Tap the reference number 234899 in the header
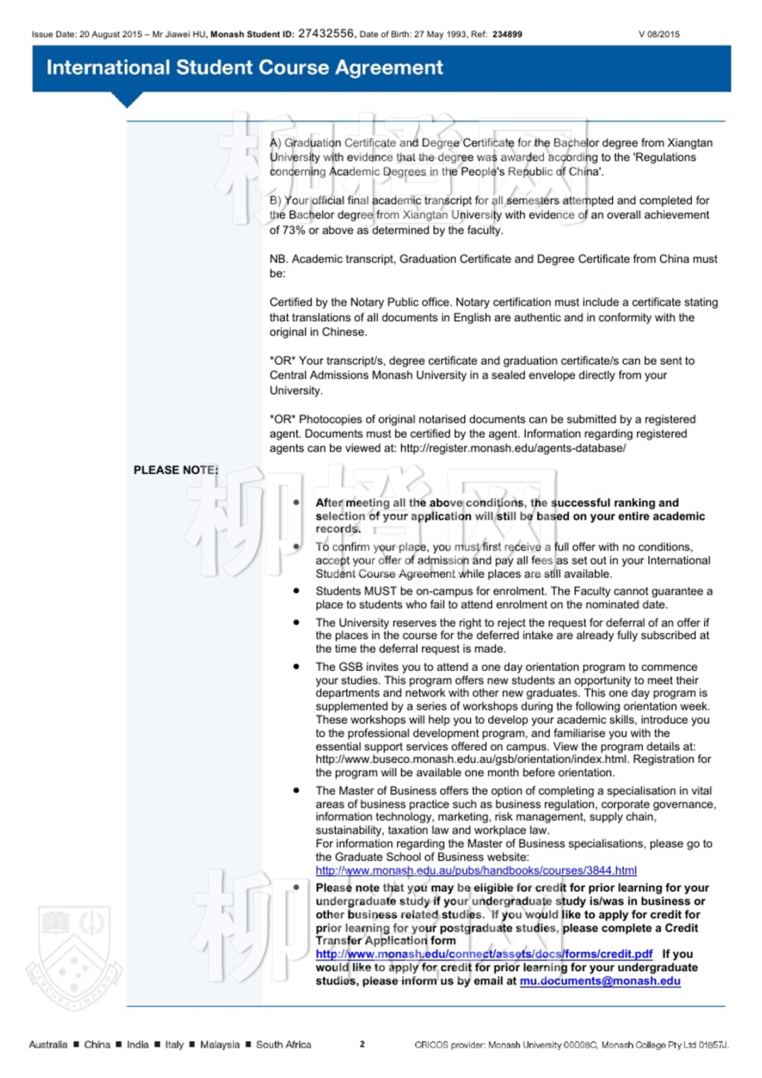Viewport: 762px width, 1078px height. pos(507,34)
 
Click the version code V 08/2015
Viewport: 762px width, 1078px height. pos(659,34)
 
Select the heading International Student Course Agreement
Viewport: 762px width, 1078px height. pos(244,68)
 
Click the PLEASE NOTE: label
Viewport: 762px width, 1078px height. pos(176,470)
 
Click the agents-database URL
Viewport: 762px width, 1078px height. pos(513,449)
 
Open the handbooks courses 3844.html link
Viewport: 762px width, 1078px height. pos(476,871)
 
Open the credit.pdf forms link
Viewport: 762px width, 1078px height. pos(484,954)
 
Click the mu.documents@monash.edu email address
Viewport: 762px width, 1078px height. pos(600,981)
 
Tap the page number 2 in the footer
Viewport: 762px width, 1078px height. pos(362,1044)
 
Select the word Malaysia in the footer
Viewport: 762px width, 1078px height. pos(219,1044)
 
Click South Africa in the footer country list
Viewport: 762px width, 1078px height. pos(284,1044)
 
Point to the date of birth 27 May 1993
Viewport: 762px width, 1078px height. pos(440,34)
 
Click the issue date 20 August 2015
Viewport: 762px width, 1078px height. pos(110,34)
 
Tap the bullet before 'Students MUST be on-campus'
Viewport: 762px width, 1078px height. pos(296,591)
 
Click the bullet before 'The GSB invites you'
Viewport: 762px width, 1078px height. pos(296,666)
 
